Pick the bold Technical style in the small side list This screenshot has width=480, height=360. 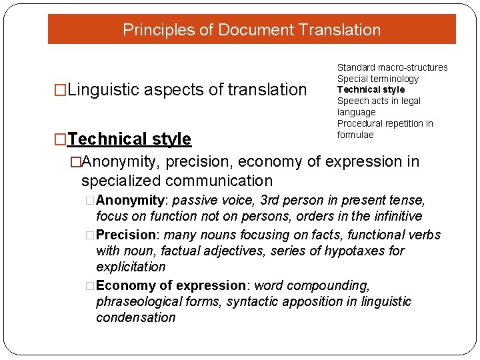371,89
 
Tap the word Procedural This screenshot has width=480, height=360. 361,123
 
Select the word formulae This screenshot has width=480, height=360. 355,135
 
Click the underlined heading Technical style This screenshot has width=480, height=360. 129,139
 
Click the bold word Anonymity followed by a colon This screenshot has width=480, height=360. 130,200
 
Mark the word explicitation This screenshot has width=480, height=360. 131,267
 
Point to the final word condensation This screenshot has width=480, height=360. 135,317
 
